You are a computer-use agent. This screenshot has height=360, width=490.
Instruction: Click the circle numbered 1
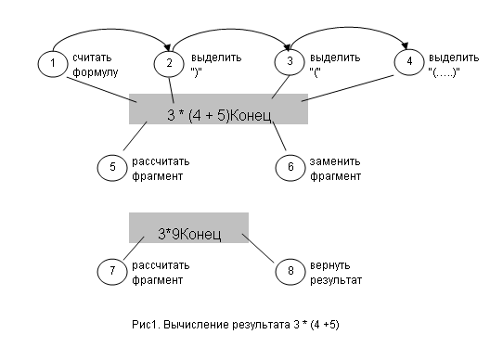coord(54,63)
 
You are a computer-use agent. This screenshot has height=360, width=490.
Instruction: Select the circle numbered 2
coord(170,63)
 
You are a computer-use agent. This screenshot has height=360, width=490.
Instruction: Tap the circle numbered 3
coord(290,61)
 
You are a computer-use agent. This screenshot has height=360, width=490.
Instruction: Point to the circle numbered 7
coord(110,271)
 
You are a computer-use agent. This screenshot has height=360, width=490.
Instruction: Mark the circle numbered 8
coord(290,271)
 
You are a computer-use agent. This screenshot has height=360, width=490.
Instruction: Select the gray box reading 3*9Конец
coord(188,227)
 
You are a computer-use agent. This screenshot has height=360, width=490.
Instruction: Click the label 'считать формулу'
coord(96,64)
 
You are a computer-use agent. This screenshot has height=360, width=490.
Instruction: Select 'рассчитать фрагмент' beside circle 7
coord(154,272)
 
